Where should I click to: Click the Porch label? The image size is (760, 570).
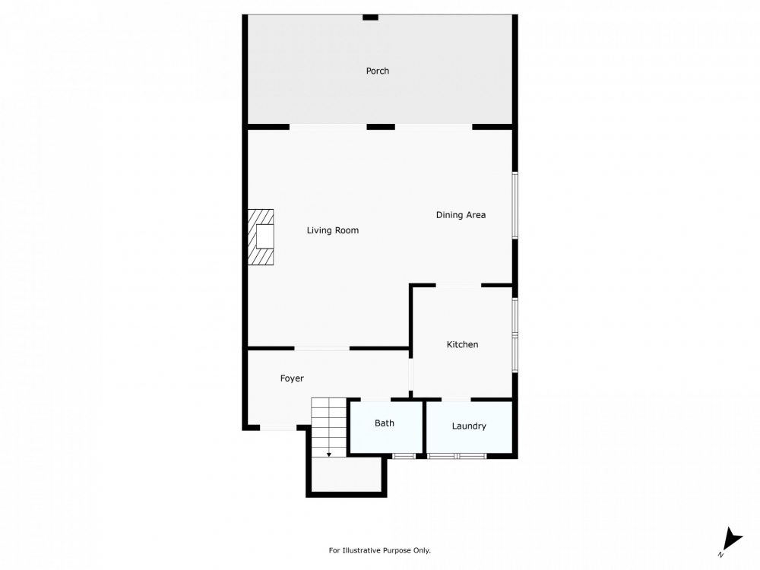coord(377,71)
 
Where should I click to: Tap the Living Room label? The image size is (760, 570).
coord(333,231)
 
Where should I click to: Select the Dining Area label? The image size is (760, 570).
coord(461,215)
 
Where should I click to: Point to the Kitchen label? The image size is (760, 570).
coord(462,344)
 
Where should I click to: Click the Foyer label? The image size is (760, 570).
coord(292,378)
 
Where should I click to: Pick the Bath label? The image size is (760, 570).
coord(385,423)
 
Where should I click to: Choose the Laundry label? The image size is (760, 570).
coord(469,426)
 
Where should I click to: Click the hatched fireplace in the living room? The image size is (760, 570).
coord(261,237)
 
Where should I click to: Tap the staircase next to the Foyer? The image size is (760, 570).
coord(329,427)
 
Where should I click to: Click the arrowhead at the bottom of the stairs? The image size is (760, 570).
coord(329,454)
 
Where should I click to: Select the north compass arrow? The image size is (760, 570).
coord(732,540)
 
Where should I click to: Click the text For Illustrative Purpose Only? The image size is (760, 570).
coord(379,550)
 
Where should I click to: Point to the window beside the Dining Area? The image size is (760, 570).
coord(515,205)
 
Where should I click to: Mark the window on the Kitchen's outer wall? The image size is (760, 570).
coord(515,335)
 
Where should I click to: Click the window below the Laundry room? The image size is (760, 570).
coord(457,456)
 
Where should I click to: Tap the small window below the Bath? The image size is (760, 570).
coord(404,456)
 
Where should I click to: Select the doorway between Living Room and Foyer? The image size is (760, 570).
coord(321,348)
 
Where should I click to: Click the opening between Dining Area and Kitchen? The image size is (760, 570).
coord(458,286)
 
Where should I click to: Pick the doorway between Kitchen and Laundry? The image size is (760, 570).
coord(456,400)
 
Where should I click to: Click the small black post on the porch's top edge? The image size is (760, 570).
coord(370,17)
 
